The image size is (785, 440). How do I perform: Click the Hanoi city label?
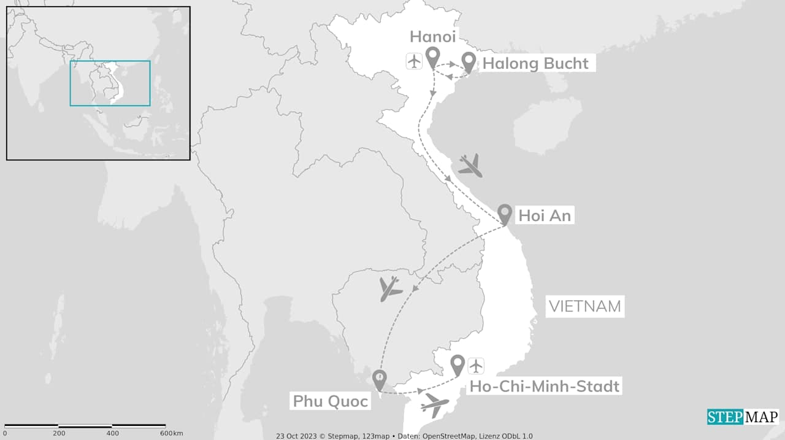click(432, 36)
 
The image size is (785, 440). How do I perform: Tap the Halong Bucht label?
click(535, 63)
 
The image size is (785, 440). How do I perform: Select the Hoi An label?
click(544, 215)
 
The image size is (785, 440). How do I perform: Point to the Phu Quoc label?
click(330, 401)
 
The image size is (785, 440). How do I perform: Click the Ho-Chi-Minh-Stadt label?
click(545, 387)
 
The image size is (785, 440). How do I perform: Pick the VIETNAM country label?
click(584, 306)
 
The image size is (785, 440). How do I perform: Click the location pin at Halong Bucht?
click(469, 61)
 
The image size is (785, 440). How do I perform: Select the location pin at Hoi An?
click(505, 214)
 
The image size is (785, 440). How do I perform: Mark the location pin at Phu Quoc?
click(380, 379)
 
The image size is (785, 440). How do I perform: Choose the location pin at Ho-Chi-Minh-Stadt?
click(457, 365)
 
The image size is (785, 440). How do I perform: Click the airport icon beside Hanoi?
click(415, 61)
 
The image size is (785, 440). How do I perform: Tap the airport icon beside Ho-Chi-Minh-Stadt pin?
click(476, 366)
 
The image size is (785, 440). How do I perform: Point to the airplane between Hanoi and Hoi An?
click(470, 165)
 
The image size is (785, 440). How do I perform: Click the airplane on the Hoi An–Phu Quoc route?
click(389, 288)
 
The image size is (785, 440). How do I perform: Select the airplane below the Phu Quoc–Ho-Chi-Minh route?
click(435, 405)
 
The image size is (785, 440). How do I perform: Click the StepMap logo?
click(743, 417)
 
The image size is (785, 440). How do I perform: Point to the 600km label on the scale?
click(171, 433)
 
